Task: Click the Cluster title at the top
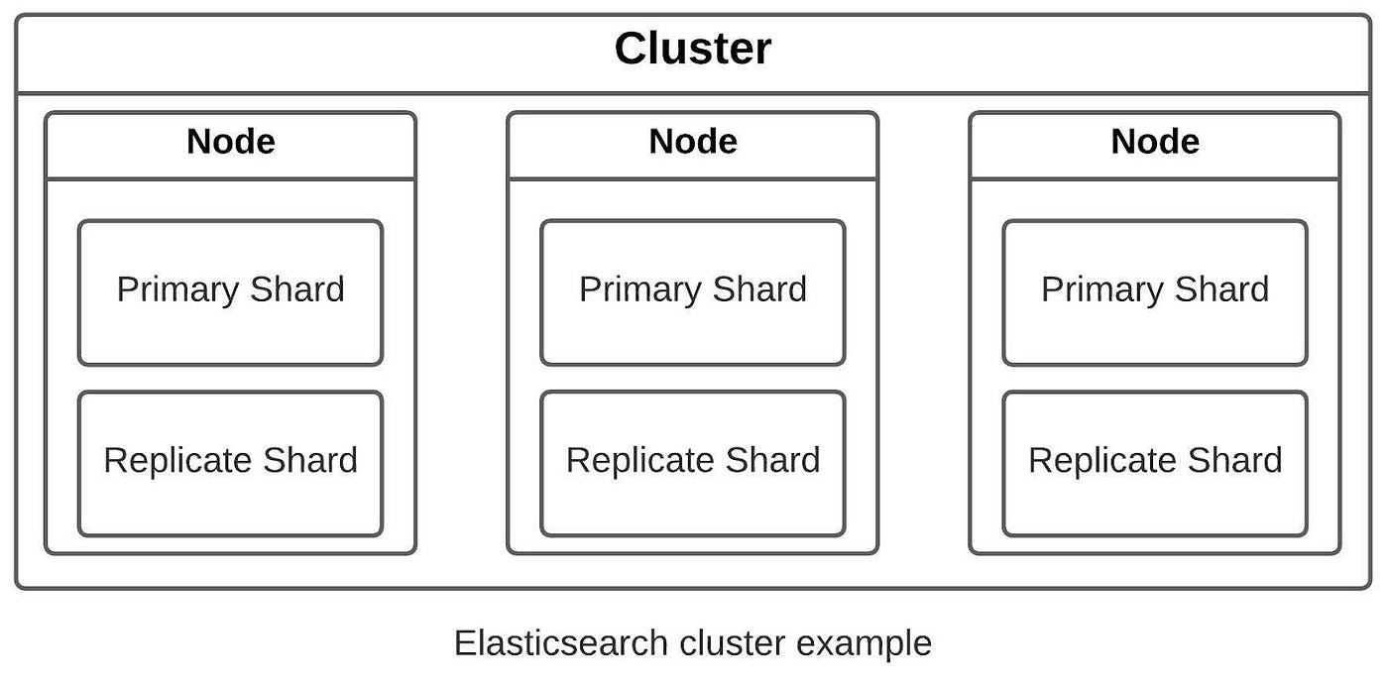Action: [692, 49]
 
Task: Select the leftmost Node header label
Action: [230, 142]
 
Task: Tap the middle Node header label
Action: [692, 142]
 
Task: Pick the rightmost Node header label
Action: [1154, 142]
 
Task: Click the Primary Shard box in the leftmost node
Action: [230, 292]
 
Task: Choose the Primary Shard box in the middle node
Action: [692, 292]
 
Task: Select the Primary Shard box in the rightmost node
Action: [1154, 292]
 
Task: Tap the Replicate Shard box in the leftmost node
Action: [230, 463]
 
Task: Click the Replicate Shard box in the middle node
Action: [692, 463]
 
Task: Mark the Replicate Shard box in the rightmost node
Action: [1154, 463]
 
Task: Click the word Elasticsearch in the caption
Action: [562, 643]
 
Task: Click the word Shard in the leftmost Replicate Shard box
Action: [310, 460]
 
